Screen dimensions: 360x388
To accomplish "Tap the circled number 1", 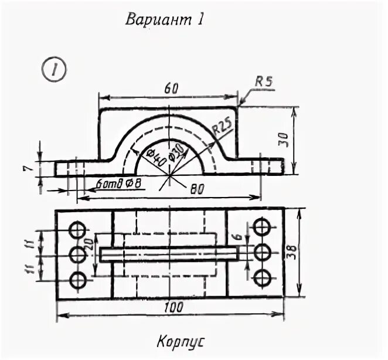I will [53, 70].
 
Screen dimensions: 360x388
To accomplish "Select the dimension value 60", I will [171, 88].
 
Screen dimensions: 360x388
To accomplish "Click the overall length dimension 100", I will [173, 307].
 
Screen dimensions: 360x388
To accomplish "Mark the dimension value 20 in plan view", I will [89, 245].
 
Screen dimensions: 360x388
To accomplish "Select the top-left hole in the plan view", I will [77, 229].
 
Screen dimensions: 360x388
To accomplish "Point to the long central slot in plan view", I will [169, 253].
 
